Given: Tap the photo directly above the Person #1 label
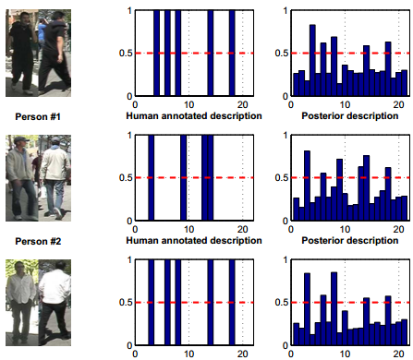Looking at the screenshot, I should tap(37, 54).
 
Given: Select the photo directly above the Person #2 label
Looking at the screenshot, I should tap(37, 179).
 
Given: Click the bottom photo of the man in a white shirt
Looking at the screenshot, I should tap(37, 304).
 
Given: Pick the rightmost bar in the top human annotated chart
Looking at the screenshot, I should tap(232, 54).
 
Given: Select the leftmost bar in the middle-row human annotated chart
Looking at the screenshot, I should tap(151, 179).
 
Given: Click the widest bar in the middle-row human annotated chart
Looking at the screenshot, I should tap(207, 179).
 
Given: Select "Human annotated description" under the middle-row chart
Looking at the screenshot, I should tap(193, 243).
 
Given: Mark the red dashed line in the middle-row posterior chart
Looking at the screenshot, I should tap(370, 178).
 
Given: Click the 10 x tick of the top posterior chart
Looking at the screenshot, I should tap(345, 103).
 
